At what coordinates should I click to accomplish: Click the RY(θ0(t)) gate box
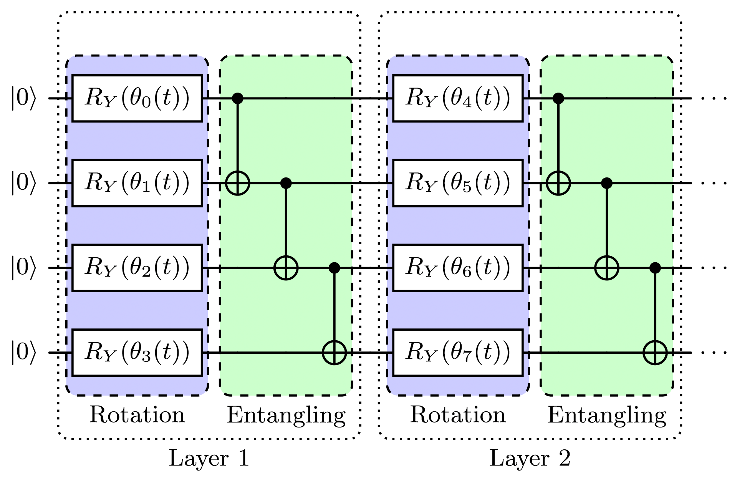tap(137, 98)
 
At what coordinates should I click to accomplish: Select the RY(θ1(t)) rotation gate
tap(137, 183)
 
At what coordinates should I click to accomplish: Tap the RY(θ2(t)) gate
tap(137, 268)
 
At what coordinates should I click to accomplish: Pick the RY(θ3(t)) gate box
tap(137, 353)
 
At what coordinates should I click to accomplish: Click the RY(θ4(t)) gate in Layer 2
tap(458, 98)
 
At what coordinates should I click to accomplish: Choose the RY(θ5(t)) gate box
tap(458, 183)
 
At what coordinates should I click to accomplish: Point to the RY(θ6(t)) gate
tap(458, 268)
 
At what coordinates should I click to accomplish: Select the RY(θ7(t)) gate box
tap(458, 353)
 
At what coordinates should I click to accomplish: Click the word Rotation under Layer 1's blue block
tap(137, 415)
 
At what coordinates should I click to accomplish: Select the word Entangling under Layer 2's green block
tap(607, 416)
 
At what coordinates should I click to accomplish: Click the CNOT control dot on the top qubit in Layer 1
tap(238, 98)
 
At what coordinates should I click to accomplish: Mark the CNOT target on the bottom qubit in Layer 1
tap(334, 353)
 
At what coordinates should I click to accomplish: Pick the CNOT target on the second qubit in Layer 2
tap(558, 183)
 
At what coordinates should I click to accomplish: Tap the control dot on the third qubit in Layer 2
tap(655, 268)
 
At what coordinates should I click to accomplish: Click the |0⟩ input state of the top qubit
tap(23, 98)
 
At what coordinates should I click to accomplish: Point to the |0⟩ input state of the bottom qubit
tap(23, 353)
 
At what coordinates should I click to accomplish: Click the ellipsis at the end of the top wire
tap(714, 99)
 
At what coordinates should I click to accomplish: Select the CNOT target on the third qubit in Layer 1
tap(286, 268)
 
